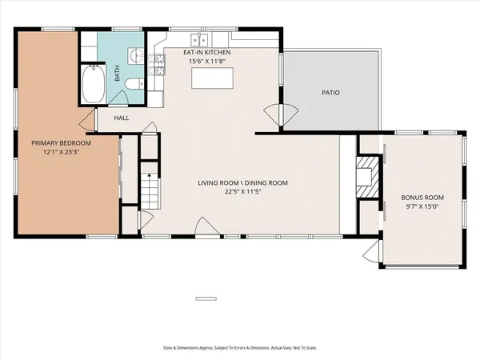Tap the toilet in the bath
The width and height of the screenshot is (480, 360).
tap(137, 82)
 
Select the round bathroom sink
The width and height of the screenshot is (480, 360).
tap(136, 55)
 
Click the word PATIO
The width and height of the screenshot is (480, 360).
tap(330, 93)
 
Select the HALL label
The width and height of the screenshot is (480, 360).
tap(122, 118)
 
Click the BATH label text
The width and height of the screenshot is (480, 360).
tap(117, 74)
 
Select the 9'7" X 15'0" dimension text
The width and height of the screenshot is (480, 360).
tap(422, 206)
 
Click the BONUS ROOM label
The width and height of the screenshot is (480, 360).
tap(422, 197)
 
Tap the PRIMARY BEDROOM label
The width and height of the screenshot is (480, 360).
tap(61, 143)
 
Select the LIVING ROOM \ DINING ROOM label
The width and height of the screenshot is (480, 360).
tap(242, 183)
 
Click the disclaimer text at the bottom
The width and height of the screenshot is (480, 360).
tap(239, 349)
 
